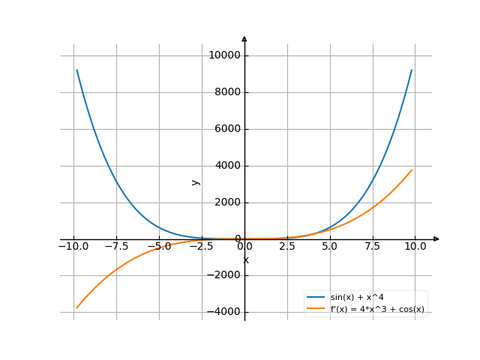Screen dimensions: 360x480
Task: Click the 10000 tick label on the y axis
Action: click(224, 55)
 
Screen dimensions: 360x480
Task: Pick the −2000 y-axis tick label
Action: click(224, 275)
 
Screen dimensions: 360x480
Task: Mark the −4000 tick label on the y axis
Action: click(224, 312)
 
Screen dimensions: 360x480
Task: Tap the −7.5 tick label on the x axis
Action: click(116, 246)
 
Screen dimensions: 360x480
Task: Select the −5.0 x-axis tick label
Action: click(159, 246)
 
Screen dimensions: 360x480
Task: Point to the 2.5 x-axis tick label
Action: click(287, 246)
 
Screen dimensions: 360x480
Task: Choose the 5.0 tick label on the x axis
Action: click(330, 246)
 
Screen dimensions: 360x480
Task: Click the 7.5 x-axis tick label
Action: click(373, 246)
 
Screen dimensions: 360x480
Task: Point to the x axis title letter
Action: click(245, 260)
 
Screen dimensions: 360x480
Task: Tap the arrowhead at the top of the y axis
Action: click(244, 38)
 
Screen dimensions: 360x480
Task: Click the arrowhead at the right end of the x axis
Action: click(436, 239)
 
